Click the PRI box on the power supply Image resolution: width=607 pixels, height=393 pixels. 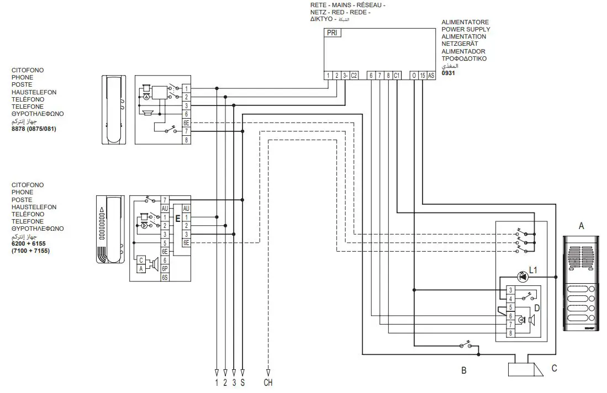(x=332, y=33)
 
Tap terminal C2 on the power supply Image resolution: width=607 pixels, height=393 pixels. (x=354, y=76)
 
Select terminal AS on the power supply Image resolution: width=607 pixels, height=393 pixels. (x=431, y=76)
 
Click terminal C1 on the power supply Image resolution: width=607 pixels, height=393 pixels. (x=397, y=76)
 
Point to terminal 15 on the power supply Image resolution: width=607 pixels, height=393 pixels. (x=423, y=76)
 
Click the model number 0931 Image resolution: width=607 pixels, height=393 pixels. (x=448, y=73)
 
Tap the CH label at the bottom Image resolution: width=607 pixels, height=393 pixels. (x=268, y=382)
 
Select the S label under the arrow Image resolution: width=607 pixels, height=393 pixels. (x=242, y=382)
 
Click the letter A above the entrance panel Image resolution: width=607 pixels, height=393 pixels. (x=580, y=226)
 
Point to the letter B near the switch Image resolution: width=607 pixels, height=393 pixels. (x=464, y=371)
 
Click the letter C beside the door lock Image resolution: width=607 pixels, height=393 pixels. (x=554, y=369)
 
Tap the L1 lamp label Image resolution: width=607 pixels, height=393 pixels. (x=533, y=270)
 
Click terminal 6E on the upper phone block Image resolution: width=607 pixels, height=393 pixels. (x=187, y=123)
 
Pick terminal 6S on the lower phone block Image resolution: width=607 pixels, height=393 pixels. (x=165, y=277)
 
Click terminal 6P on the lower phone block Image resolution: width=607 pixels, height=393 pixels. (x=165, y=268)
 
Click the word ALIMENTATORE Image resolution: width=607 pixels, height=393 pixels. (x=464, y=23)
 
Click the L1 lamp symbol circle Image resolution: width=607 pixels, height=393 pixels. (x=521, y=277)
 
